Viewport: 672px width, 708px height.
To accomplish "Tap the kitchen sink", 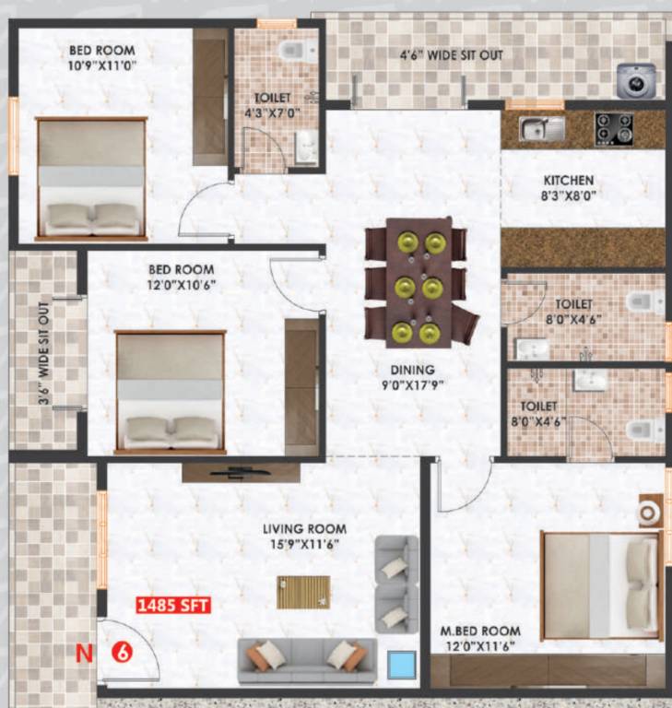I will coord(541,128).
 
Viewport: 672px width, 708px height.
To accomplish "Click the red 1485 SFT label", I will coord(174,606).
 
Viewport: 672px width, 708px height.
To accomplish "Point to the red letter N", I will coord(85,653).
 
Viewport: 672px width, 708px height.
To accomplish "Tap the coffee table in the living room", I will coord(303,592).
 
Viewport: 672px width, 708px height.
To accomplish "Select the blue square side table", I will coord(402,664).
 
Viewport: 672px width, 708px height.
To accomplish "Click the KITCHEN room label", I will coord(568,181).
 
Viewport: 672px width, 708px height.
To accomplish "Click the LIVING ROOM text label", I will coord(304,529).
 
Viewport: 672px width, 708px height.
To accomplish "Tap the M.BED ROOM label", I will coord(479,631).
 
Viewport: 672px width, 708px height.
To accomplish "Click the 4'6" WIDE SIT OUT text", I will coord(451,55).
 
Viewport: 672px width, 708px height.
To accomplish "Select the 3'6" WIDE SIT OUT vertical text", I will coord(44,351).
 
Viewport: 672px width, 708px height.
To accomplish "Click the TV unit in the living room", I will coord(241,472).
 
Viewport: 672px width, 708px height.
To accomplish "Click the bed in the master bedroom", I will coord(599,584).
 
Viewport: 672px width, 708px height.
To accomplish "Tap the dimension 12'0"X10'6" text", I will coord(182,286).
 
